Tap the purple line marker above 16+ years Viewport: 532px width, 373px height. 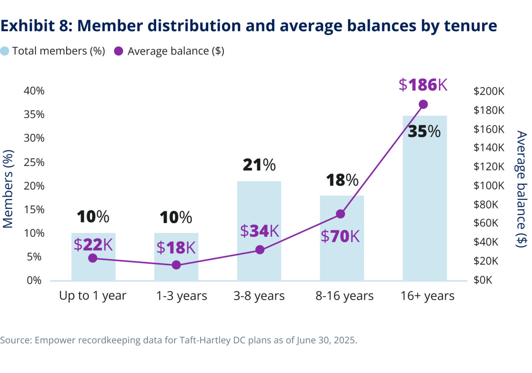423,105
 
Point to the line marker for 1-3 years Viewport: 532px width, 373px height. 176,265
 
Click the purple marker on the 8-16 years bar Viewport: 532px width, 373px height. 340,214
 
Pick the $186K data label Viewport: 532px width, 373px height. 423,85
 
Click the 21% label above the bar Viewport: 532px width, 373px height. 259,165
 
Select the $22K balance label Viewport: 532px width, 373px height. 93,245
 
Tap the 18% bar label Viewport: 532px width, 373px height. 342,180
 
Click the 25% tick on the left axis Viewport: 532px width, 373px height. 34,162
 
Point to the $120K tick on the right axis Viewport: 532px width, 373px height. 489,167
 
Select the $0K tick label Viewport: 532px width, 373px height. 483,280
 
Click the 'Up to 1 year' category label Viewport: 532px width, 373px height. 93,296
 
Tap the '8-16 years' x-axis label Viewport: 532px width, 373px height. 344,296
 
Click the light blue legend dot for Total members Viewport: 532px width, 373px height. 5,51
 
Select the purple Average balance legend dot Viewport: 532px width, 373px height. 119,51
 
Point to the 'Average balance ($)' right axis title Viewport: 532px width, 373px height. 521,189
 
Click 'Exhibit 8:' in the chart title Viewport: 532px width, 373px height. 36,26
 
